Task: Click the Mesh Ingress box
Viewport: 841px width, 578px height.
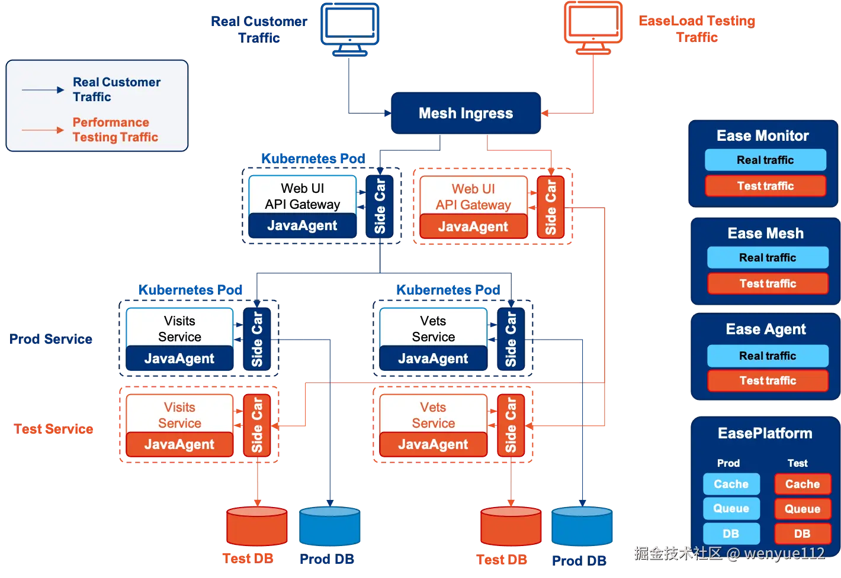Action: point(466,113)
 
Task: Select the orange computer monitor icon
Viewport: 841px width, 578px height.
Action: point(594,26)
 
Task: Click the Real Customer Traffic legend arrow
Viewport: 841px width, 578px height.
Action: point(43,90)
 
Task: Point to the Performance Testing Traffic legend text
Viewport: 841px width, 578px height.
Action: point(115,130)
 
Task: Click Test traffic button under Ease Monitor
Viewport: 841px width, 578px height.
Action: point(765,186)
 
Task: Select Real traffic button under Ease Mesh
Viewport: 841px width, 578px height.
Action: point(768,257)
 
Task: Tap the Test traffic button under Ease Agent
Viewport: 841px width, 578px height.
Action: point(768,380)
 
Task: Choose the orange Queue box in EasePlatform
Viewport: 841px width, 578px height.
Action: point(803,509)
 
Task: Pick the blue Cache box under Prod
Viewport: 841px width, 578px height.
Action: point(731,484)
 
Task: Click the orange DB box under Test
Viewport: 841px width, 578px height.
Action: point(803,534)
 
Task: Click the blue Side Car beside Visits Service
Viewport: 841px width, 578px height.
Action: point(256,339)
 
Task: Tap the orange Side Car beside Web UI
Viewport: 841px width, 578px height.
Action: point(550,207)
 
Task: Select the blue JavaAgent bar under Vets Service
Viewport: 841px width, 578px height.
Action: point(433,359)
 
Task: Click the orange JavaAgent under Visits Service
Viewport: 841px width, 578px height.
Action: point(179,444)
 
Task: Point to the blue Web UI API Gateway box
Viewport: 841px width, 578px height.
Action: point(302,196)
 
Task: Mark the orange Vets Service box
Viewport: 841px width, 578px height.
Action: point(433,415)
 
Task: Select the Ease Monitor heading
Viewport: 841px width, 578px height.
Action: point(763,136)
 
